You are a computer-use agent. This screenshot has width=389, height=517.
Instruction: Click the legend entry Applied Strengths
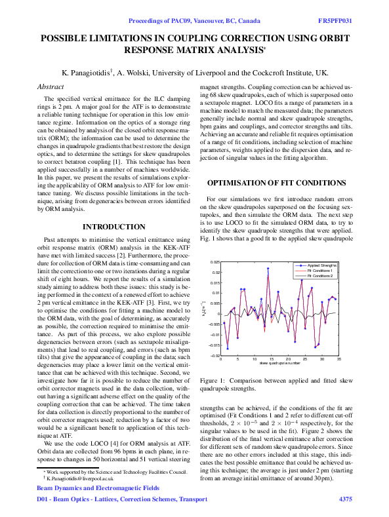[x=319, y=265]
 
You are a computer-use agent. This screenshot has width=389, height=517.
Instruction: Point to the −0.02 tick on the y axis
[x=215, y=356]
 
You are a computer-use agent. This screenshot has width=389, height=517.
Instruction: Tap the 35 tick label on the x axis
[x=339, y=360]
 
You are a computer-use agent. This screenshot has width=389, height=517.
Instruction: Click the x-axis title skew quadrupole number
[x=280, y=363]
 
